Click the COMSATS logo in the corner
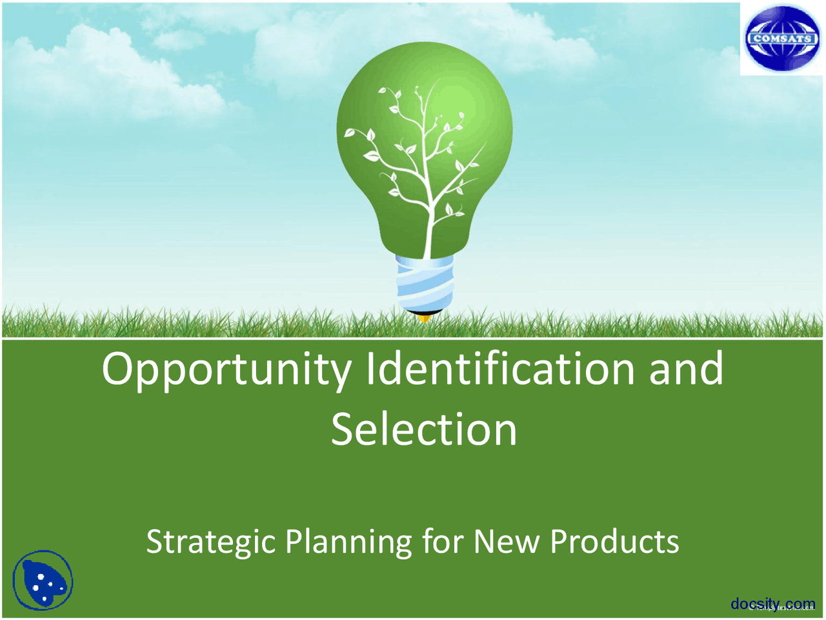coord(781,39)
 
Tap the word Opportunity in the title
coord(226,369)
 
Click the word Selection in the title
coord(424,429)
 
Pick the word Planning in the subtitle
coord(348,541)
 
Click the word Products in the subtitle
coord(614,541)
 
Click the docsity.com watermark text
coord(772,604)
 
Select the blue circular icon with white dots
coord(43,580)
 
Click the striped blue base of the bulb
coord(424,284)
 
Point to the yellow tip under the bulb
coord(424,317)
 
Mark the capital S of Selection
coord(344,429)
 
